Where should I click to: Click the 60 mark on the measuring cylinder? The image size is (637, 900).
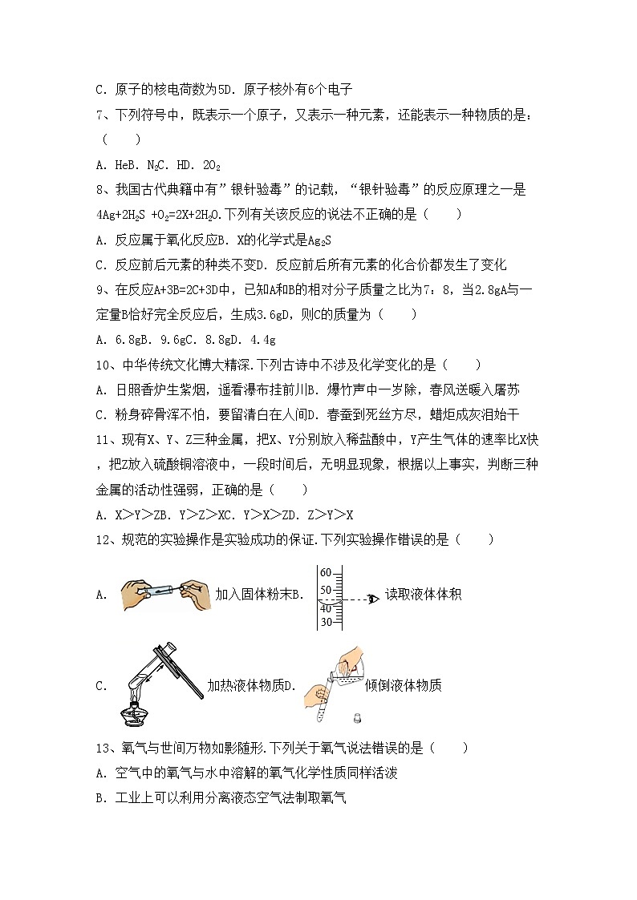pyautogui.click(x=326, y=573)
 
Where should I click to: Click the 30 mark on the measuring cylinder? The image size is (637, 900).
pyautogui.click(x=326, y=622)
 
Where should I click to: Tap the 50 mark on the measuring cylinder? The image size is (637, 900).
pyautogui.click(x=326, y=590)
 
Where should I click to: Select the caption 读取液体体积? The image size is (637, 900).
pyautogui.click(x=423, y=595)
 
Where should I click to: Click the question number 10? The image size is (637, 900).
pyautogui.click(x=102, y=365)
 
